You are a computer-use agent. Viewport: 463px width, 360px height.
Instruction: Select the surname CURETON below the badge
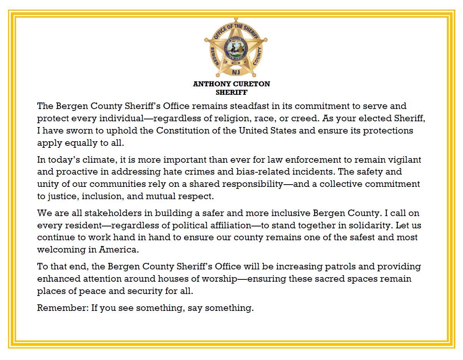tap(251, 84)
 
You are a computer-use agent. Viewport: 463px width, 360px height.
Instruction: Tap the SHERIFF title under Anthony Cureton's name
tap(231, 92)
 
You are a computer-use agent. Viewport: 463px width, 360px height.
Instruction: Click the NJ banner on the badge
tap(236, 72)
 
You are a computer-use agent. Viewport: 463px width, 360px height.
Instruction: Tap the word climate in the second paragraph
tap(93, 159)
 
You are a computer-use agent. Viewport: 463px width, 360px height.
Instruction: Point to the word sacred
tap(330, 279)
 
